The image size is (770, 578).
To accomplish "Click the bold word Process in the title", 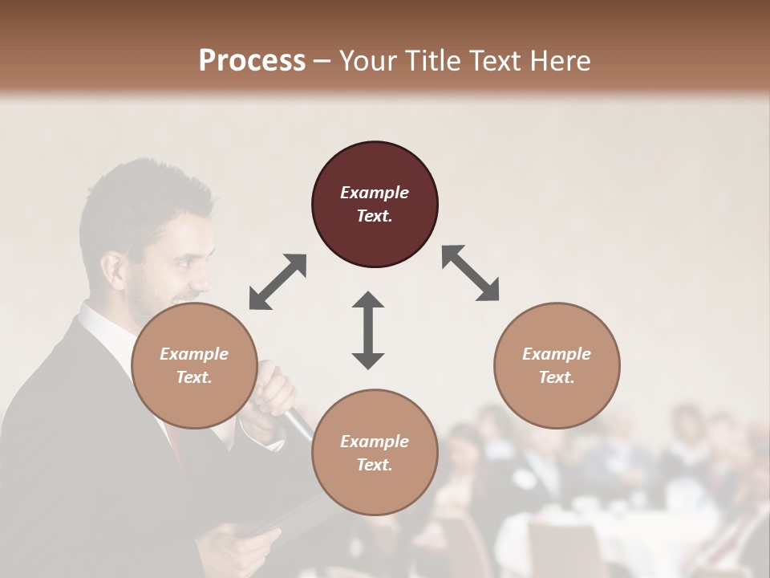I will click(252, 60).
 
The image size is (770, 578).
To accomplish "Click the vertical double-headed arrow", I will click(368, 330).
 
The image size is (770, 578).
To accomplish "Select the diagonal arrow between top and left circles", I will click(278, 281).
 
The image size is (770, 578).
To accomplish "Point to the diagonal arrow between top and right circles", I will click(471, 273).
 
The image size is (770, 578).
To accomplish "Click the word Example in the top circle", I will click(375, 193).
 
